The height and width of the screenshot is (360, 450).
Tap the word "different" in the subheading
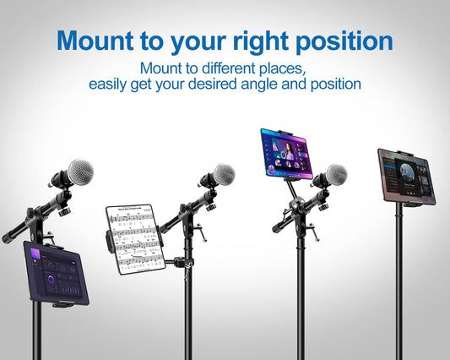(233, 68)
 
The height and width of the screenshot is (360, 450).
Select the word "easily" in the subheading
(112, 85)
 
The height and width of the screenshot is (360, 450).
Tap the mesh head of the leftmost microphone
(79, 171)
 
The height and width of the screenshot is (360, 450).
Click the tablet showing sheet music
(134, 238)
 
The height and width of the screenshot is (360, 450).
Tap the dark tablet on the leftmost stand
(56, 272)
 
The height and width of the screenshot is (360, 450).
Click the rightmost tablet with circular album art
(406, 176)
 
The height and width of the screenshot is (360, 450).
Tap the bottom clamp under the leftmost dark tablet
(62, 303)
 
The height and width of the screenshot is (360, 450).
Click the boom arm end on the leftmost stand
(8, 238)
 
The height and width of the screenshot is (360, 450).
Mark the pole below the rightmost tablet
(398, 279)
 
